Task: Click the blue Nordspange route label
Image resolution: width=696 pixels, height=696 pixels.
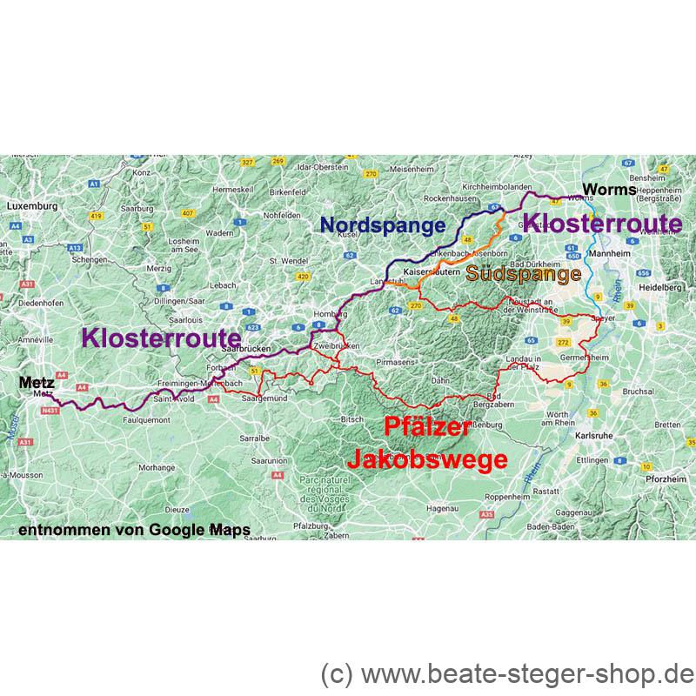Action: [383, 224]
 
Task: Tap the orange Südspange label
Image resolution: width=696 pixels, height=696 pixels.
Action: [524, 275]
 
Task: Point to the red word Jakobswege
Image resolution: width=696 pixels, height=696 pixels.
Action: [427, 458]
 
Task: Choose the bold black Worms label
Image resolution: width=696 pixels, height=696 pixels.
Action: [607, 189]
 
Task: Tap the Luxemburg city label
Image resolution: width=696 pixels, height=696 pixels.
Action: [31, 206]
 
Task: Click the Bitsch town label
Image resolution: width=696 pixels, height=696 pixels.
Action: [351, 418]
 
